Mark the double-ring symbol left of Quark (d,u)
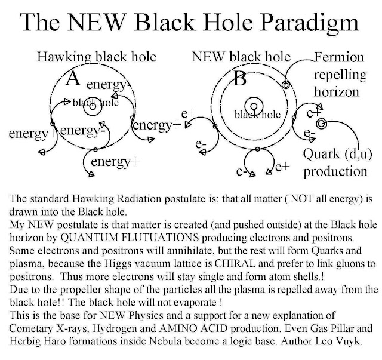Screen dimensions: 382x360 pyautogui.click(x=322, y=124)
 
